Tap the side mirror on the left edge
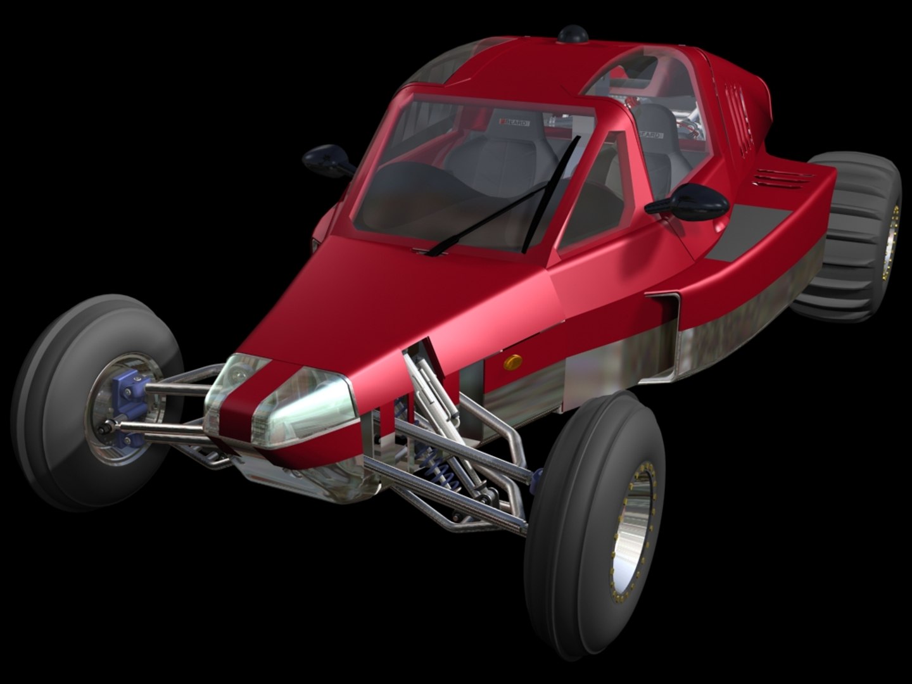pyautogui.click(x=328, y=160)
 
